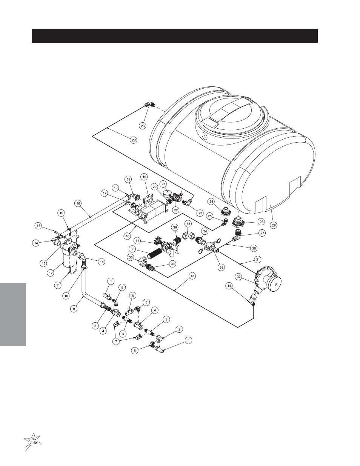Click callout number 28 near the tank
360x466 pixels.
tap(274, 225)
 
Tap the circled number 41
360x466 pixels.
tap(192, 276)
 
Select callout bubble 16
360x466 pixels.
tap(78, 203)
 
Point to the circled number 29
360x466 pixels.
tap(134, 140)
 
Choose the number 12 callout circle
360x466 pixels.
tap(51, 273)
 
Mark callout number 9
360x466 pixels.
tap(74, 309)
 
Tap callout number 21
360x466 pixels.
tap(164, 184)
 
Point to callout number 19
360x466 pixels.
tap(144, 177)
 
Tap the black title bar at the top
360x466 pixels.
tap(175, 36)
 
